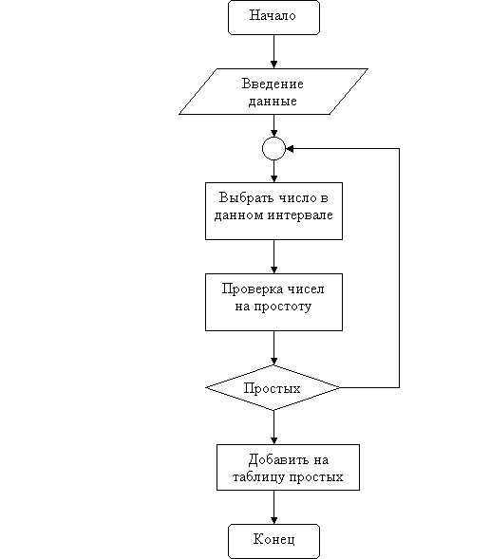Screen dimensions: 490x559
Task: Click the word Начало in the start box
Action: (x=273, y=15)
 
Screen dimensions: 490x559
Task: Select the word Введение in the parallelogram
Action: (x=273, y=84)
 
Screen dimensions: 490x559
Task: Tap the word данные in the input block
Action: (x=273, y=102)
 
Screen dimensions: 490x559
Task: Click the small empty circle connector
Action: (x=273, y=148)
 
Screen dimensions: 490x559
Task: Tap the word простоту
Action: (x=283, y=307)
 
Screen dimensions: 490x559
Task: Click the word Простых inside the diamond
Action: (x=273, y=388)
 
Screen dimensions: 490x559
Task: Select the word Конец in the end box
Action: (x=273, y=539)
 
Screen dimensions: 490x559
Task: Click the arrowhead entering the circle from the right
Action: (x=290, y=149)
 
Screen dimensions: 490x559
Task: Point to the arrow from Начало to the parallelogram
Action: (x=273, y=51)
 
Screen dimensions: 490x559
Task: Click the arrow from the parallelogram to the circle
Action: (x=273, y=125)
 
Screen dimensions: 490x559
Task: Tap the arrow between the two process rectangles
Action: (x=273, y=256)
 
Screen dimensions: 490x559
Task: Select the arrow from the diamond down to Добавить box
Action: (x=273, y=427)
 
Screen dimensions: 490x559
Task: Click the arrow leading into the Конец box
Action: (x=273, y=508)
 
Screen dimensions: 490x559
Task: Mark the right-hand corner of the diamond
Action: (x=341, y=387)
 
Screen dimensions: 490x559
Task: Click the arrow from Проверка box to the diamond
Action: (x=273, y=348)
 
